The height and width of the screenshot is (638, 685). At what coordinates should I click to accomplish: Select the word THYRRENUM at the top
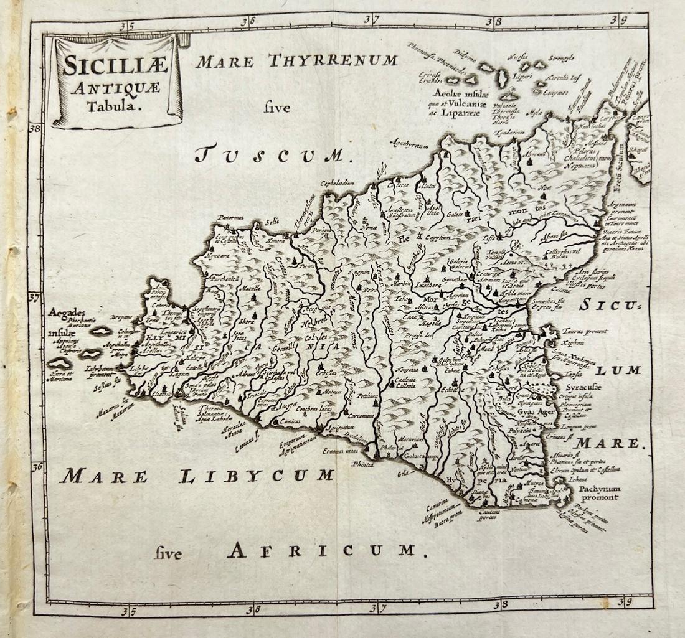pyautogui.click(x=333, y=60)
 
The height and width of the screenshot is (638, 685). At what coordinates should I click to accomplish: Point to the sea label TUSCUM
pyautogui.click(x=273, y=153)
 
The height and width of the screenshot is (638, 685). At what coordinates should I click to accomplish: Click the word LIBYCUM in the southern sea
pyautogui.click(x=257, y=476)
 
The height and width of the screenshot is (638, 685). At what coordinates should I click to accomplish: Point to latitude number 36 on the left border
pyautogui.click(x=36, y=466)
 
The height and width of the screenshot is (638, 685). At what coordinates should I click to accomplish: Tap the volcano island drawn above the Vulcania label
pyautogui.click(x=511, y=95)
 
